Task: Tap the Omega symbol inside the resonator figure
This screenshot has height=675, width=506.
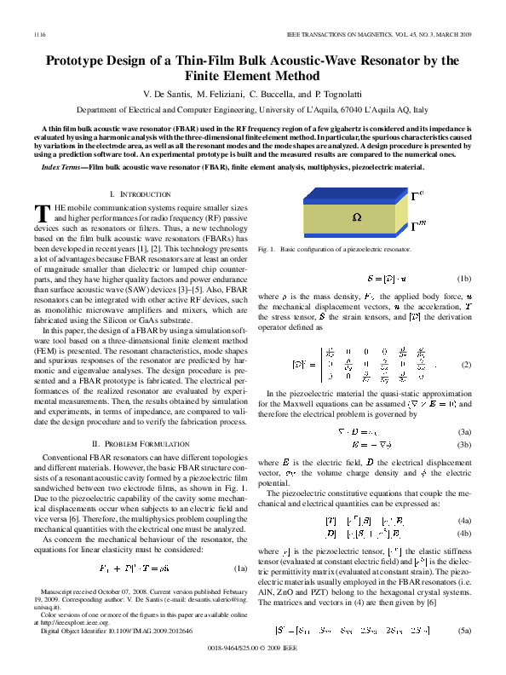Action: (357, 218)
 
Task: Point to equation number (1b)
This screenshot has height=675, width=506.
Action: (463, 278)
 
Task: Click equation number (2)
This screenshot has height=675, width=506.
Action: (466, 365)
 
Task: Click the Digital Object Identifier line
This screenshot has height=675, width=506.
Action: (126, 630)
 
